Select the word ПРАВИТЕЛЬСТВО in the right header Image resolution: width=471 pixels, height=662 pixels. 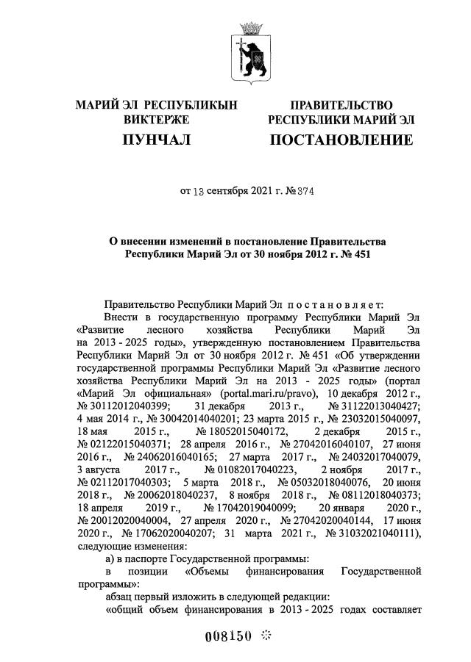pos(341,105)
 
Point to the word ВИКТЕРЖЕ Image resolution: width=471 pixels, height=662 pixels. pos(157,119)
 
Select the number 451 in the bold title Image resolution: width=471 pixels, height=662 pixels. pos(356,255)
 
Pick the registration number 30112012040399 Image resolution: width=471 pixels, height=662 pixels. pos(124,406)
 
